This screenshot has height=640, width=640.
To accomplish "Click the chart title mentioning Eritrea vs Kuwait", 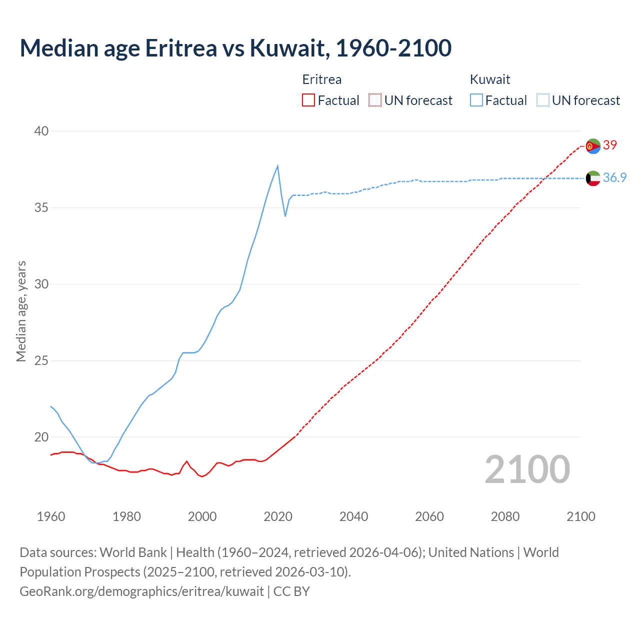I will point(235,48).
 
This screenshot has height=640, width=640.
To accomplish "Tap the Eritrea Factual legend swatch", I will point(308,100).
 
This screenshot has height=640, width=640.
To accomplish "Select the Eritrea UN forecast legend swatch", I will point(375,100).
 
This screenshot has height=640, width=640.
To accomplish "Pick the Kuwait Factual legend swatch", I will point(476,100).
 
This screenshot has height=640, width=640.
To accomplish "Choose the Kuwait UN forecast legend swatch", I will point(542,100).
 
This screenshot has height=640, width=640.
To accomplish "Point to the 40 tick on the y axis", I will point(41,131).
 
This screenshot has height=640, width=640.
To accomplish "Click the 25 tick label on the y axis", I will point(41,360).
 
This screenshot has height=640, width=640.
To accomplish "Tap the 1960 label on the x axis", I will point(51,516).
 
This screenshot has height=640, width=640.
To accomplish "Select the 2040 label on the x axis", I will point(353,516).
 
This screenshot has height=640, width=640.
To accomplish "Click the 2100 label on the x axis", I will point(580,516).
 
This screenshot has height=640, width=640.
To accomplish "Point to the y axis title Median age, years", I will point(21,311).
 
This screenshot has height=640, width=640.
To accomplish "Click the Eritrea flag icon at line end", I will point(593,146).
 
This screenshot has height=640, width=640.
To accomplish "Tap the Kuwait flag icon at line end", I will point(593,178).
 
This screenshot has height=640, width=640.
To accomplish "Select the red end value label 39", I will point(610,145).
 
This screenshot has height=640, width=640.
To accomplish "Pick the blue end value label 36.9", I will point(614,178).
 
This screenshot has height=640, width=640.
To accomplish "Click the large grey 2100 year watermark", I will point(527,469).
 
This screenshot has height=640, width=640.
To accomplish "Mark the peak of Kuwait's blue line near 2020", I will point(277,166).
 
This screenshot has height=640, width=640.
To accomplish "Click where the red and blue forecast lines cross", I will point(544,178).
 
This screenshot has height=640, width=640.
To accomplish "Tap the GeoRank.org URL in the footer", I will point(141,591).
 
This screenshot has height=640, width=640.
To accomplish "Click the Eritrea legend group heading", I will point(322,79).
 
